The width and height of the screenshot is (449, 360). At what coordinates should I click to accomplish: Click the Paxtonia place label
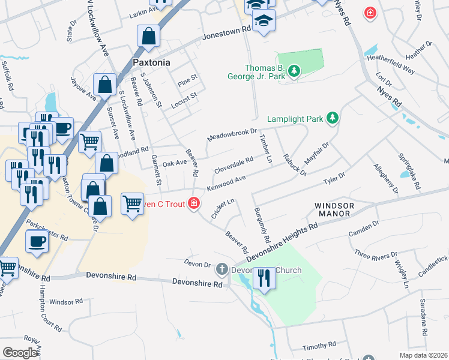151,62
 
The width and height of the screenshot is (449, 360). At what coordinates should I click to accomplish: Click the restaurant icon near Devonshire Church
264,278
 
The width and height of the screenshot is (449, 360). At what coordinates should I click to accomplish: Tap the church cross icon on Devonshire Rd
222,269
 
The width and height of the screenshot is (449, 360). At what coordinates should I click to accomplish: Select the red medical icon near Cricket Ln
193,204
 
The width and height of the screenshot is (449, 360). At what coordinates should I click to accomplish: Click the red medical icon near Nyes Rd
371,13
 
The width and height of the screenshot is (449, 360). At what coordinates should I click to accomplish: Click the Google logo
20,353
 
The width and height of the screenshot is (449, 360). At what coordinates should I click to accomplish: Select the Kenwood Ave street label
226,183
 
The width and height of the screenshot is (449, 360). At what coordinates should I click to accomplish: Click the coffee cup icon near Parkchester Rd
37,241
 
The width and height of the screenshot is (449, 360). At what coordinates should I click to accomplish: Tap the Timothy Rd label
319,346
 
